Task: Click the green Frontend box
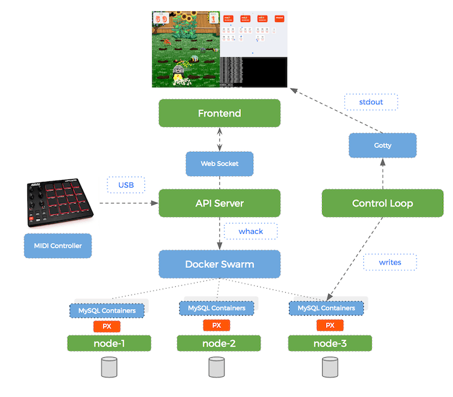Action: pos(219,113)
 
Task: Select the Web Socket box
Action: pos(219,163)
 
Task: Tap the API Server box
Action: pos(219,203)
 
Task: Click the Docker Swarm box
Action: pos(219,264)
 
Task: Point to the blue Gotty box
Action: pos(382,145)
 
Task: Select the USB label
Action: pos(126,185)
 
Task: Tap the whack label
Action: pos(251,231)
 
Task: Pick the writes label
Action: pos(390,262)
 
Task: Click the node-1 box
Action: pos(109,344)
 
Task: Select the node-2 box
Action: pos(219,344)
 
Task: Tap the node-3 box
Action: pos(330,344)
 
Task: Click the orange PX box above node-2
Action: pos(217,325)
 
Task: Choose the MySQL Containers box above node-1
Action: pos(107,310)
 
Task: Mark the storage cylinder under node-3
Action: pos(330,368)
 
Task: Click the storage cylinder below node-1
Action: pos(109,368)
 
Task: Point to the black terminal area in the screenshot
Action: pos(253,72)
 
